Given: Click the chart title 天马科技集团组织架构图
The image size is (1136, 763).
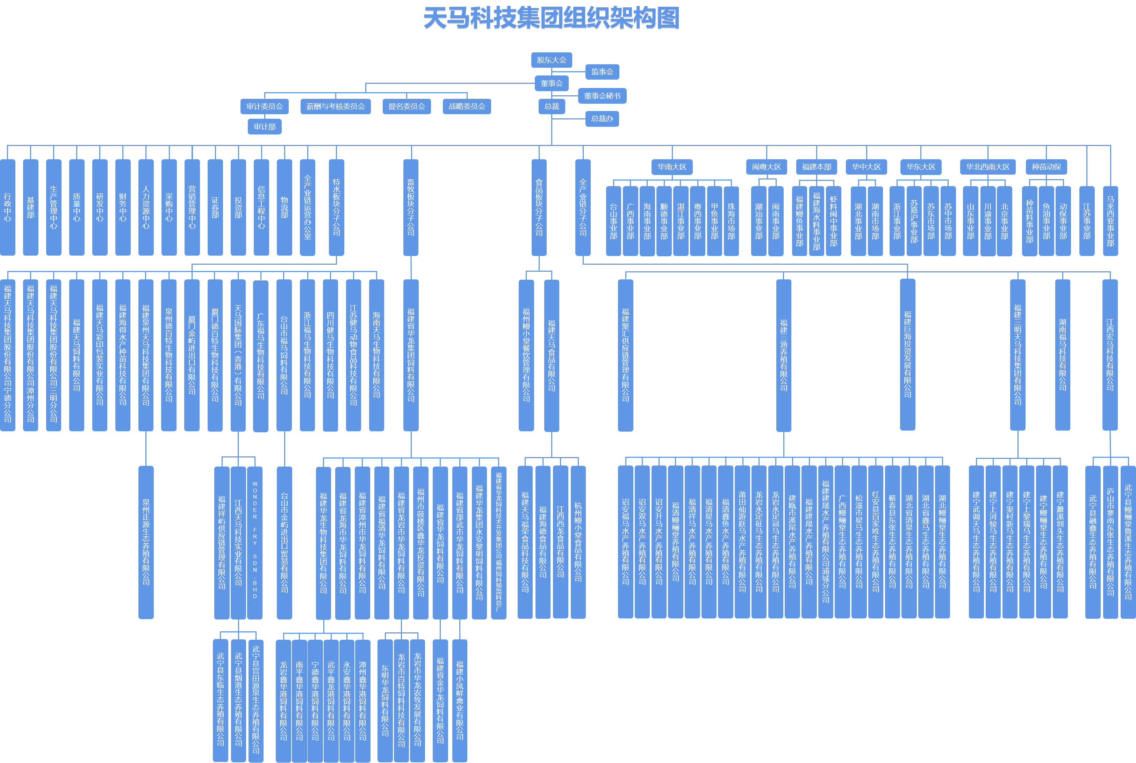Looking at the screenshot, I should point(551,19).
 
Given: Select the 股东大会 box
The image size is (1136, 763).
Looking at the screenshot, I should point(551,60).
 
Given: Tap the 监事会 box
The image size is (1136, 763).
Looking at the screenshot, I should point(602,72).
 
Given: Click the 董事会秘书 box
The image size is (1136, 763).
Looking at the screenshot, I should point(602,96).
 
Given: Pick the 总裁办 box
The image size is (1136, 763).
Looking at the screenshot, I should point(602,119).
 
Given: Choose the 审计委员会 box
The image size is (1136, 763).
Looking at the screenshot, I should point(264,106).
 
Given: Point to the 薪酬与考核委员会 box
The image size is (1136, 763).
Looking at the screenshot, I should point(336,106).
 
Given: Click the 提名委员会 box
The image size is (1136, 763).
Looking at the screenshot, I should point(407,106).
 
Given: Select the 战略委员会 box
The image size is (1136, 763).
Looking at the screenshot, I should point(467,106).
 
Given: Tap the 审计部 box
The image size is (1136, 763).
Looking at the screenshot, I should point(264,126).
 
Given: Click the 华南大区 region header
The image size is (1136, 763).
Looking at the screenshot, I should point(672,167).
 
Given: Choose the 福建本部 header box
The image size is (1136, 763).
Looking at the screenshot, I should point(817,167).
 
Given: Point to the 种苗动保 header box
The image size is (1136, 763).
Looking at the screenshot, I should point(1046,167).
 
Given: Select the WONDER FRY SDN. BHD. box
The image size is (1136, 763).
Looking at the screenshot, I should point(255,543).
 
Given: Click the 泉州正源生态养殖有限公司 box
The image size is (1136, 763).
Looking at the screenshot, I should point(146,543).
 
